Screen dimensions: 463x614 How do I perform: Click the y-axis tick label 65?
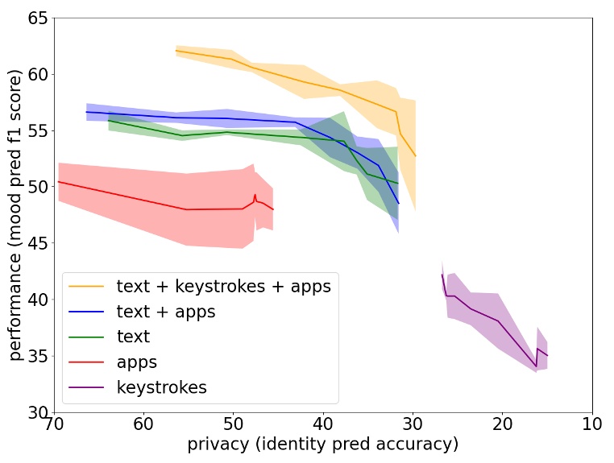point(37,18)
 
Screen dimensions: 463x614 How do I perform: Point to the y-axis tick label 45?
point(37,243)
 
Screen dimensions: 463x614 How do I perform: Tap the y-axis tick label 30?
point(37,412)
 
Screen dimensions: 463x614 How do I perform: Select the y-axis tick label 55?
point(37,130)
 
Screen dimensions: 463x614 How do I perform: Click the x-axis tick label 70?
point(54,424)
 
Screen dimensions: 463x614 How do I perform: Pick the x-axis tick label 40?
point(323,424)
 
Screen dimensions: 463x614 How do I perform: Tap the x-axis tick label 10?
point(592,424)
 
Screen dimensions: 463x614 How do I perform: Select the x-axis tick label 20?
point(503,424)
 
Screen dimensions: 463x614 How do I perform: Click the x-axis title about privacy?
point(322,444)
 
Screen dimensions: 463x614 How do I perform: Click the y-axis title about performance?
point(15,214)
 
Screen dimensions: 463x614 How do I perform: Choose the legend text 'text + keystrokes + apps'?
point(223,287)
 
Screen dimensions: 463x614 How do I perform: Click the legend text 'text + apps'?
point(166,312)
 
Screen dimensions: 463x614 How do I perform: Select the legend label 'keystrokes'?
point(161,387)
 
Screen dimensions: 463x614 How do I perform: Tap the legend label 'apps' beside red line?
point(136,362)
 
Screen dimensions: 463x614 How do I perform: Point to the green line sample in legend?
point(87,337)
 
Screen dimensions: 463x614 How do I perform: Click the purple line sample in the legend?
point(87,387)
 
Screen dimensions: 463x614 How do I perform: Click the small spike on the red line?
point(255,195)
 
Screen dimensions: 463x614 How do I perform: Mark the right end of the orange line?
point(415,155)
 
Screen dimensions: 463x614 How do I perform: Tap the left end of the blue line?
point(86,112)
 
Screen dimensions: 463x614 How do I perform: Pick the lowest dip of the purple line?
point(536,367)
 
